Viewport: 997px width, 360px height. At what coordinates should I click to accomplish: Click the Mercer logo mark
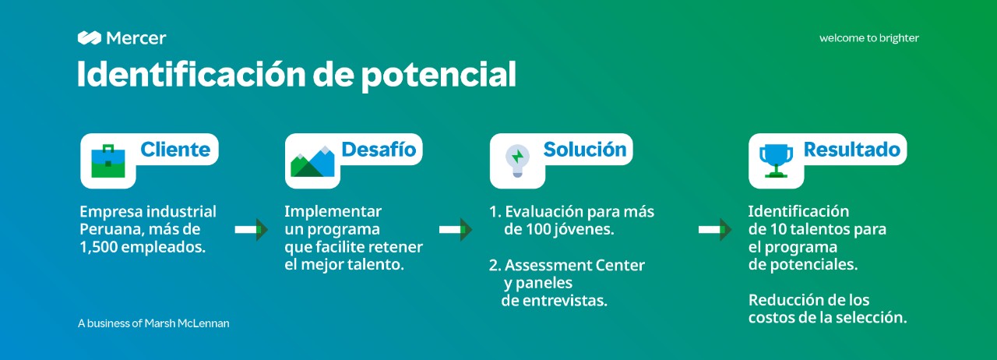pyautogui.click(x=90, y=38)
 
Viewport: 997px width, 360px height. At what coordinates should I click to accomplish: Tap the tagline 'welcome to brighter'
pyautogui.click(x=868, y=38)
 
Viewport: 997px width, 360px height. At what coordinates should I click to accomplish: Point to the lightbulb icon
pyautogui.click(x=517, y=161)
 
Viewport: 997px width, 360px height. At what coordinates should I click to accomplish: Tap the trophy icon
pyautogui.click(x=777, y=161)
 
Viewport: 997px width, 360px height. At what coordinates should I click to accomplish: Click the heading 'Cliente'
pyautogui.click(x=175, y=150)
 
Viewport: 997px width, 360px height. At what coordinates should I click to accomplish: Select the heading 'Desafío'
pyautogui.click(x=379, y=150)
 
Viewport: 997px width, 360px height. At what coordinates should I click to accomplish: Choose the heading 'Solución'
pyautogui.click(x=585, y=150)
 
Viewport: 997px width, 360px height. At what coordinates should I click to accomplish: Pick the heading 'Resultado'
pyautogui.click(x=852, y=150)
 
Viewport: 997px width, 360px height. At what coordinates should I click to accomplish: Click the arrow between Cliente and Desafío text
pyautogui.click(x=252, y=229)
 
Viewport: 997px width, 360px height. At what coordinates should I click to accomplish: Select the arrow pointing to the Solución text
pyautogui.click(x=456, y=229)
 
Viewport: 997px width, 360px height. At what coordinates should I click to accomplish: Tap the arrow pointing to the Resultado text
pyautogui.click(x=715, y=229)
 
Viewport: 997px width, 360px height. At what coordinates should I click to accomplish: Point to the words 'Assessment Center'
pyautogui.click(x=575, y=266)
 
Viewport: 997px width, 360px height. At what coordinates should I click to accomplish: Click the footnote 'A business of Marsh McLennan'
pyautogui.click(x=153, y=323)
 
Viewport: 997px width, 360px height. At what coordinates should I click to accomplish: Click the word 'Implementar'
pyautogui.click(x=333, y=212)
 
